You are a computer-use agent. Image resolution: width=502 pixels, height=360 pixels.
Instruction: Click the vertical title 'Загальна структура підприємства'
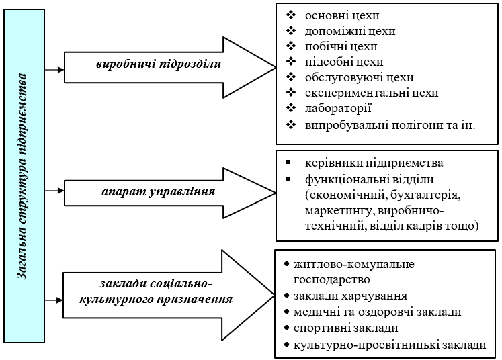22,177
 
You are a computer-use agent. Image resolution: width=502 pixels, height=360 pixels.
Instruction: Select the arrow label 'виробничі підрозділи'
159,64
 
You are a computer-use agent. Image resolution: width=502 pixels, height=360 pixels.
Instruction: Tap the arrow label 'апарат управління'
159,191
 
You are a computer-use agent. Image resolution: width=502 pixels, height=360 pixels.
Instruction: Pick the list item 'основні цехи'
342,15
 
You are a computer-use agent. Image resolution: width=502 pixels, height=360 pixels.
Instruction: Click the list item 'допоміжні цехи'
350,31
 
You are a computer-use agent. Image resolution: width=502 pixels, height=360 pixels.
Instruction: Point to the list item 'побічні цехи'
341,46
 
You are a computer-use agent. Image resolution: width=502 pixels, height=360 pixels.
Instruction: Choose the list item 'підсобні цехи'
344,62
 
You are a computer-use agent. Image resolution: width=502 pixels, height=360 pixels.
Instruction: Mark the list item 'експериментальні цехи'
372,93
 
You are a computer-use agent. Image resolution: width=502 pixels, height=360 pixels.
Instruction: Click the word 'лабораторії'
338,108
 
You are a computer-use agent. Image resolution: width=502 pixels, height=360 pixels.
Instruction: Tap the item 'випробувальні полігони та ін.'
390,124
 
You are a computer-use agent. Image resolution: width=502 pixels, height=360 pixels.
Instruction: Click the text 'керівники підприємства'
374,163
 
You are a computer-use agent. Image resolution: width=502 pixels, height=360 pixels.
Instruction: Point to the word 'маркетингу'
339,211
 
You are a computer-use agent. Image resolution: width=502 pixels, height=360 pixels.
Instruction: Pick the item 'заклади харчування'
350,296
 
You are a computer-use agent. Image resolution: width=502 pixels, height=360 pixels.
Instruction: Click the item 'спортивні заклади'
346,328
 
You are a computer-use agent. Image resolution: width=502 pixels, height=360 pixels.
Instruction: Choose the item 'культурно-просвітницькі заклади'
390,345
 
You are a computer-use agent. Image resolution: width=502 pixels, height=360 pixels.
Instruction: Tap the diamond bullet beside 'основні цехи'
291,15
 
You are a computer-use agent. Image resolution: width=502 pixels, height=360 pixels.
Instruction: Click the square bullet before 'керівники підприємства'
288,163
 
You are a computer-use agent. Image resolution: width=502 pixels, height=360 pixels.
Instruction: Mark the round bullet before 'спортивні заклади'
286,328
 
